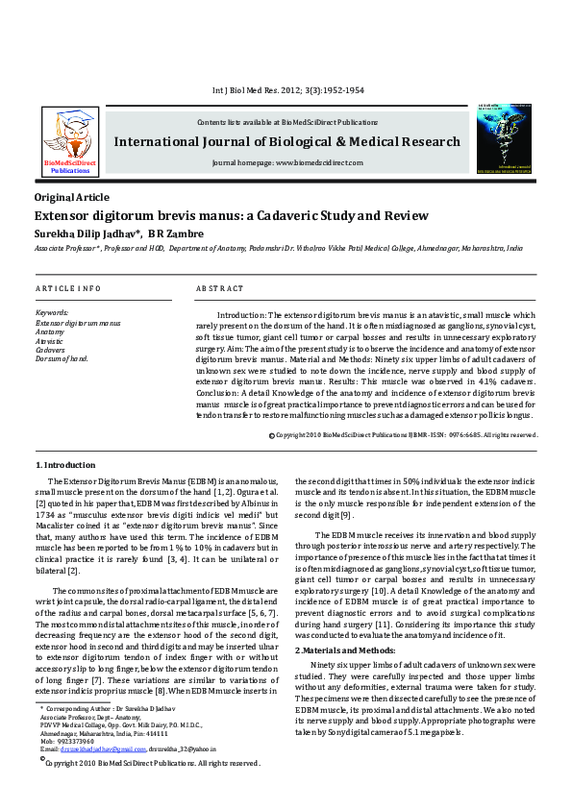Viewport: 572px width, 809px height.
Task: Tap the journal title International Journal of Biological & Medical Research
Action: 286,143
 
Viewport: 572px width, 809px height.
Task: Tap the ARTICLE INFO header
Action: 68,288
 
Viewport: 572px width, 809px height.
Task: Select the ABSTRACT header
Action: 219,288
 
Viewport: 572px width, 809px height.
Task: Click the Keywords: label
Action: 52,313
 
